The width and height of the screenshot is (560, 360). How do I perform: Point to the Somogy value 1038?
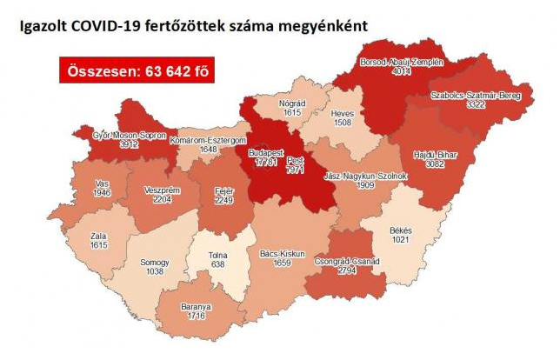tap(153, 271)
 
